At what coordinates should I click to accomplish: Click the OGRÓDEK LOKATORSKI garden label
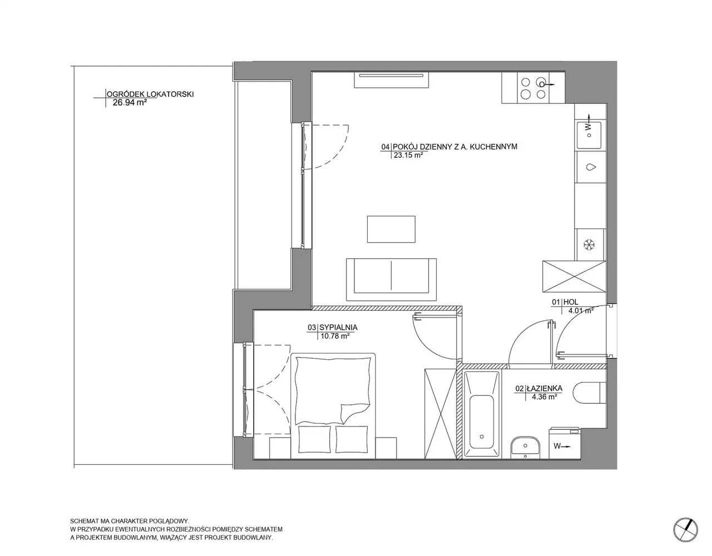point(150,95)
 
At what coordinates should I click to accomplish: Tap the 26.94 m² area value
point(130,102)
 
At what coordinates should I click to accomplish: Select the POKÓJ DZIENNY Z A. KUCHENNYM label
point(455,147)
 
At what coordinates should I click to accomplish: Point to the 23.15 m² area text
point(408,155)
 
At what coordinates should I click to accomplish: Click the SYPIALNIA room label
point(338,327)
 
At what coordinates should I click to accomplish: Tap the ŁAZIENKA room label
point(545,389)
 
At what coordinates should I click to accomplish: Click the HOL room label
point(571,302)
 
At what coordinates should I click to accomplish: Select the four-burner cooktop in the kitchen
point(533,88)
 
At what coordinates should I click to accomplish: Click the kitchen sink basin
point(589,135)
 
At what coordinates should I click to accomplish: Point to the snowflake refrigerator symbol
point(589,245)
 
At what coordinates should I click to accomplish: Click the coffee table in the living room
point(391,229)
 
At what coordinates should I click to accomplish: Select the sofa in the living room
point(391,280)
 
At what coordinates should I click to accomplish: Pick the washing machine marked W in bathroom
point(565,443)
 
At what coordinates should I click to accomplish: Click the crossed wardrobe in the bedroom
point(441,414)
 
